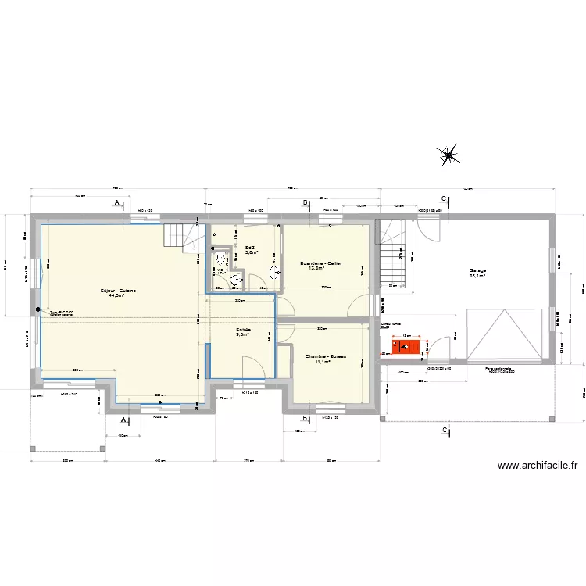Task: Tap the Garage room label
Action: [477, 270]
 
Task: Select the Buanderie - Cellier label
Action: [321, 263]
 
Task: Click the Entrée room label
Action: [243, 330]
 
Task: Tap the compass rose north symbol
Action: [448, 155]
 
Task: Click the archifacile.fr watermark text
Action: [538, 466]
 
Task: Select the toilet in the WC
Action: [221, 259]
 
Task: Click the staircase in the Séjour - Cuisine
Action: [179, 236]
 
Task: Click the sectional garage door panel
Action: [504, 334]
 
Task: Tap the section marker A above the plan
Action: [117, 202]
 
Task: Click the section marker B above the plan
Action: [305, 202]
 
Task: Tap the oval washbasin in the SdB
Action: [274, 272]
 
